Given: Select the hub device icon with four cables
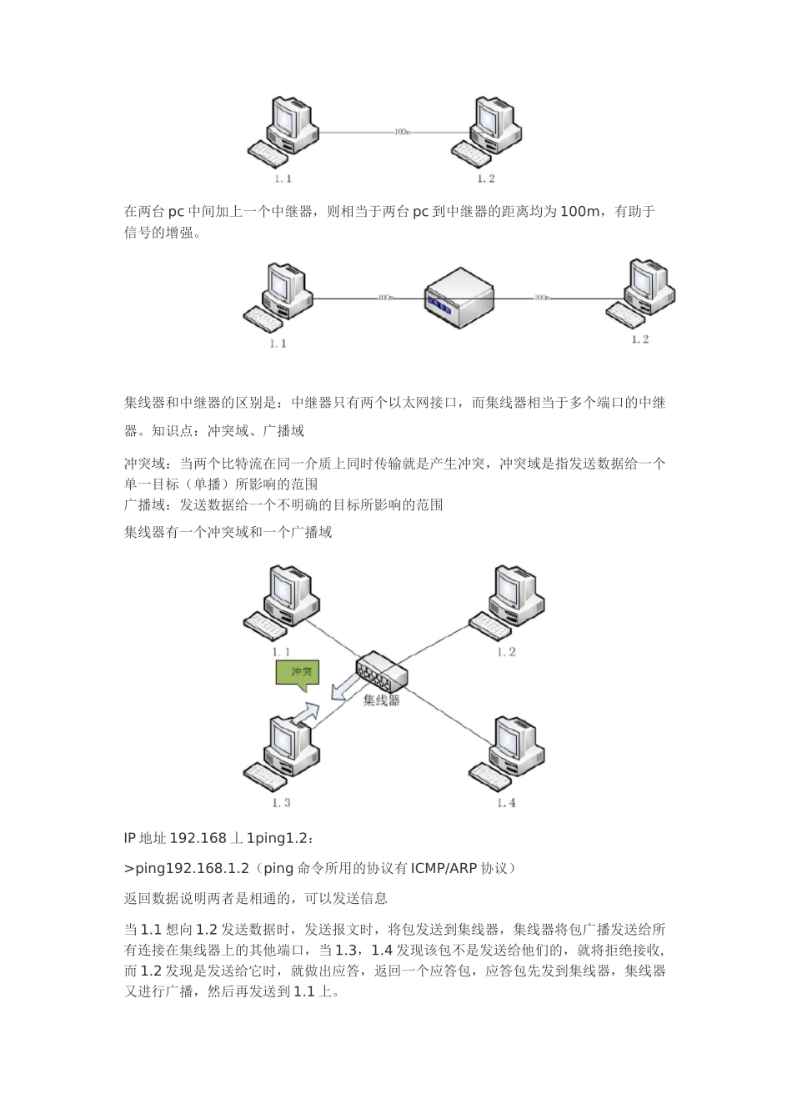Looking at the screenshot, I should click(x=381, y=671).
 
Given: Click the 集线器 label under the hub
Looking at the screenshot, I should click(x=381, y=700).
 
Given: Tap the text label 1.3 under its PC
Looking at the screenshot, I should click(x=281, y=802).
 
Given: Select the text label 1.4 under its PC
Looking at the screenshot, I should click(x=506, y=802).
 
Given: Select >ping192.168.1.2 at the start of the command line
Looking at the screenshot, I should click(x=187, y=868).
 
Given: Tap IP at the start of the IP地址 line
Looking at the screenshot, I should click(x=130, y=837).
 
